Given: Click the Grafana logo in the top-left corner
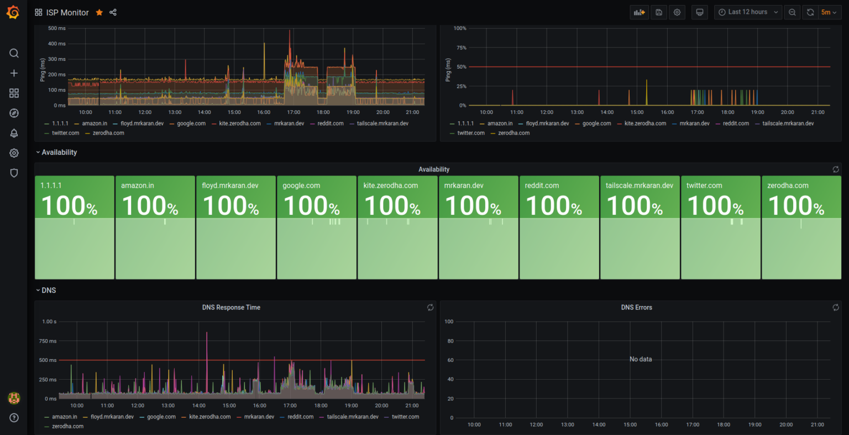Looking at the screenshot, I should [13, 12].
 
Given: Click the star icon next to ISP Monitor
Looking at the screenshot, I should [99, 12].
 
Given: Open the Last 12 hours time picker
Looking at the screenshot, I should [748, 12].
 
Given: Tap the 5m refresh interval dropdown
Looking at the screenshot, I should [829, 12].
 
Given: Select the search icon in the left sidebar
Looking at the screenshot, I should [14, 53].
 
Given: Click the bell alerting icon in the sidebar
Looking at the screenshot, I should [14, 133].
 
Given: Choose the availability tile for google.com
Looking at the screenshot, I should [316, 227].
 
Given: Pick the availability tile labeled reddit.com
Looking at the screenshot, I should [559, 227].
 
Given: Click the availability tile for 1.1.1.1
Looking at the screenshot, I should [75, 227].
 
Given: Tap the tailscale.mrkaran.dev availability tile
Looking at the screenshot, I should [640, 227].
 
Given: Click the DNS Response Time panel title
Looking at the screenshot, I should [231, 307].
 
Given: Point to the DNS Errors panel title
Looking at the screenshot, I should [636, 307].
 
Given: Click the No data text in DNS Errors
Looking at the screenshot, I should [641, 359].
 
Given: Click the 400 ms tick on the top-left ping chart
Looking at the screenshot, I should [57, 44].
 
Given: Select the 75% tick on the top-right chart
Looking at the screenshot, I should [460, 48].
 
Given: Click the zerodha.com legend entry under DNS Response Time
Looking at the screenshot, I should [67, 426].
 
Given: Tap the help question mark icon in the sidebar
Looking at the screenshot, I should [14, 418].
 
